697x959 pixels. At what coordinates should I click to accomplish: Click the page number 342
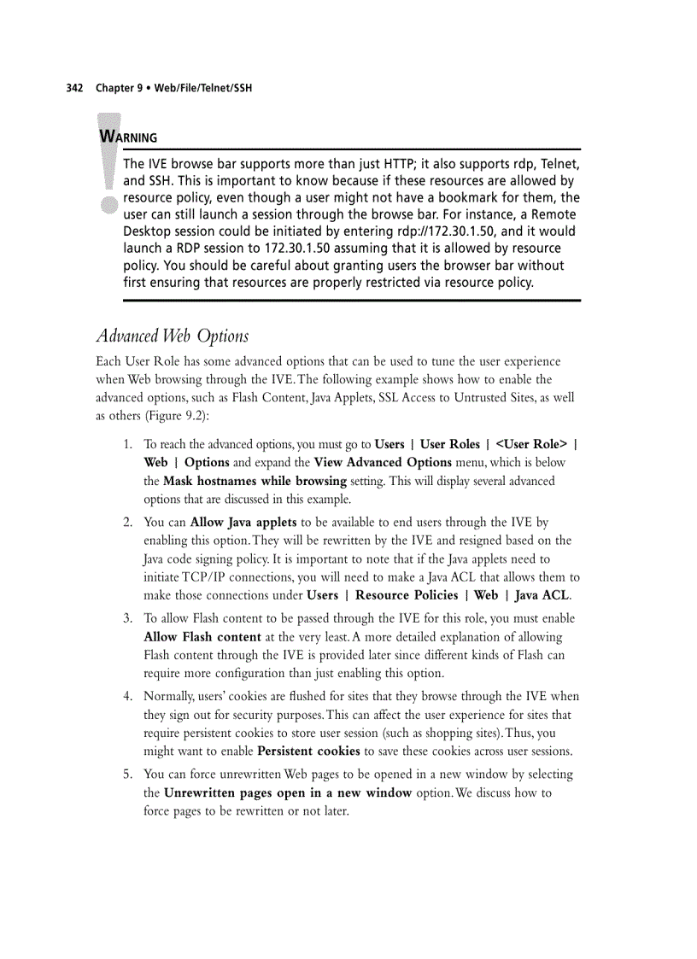pos(74,89)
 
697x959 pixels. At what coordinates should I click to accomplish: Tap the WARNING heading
pos(128,137)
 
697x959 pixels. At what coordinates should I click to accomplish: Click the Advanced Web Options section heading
pos(172,336)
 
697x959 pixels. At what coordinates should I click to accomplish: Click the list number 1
pos(126,444)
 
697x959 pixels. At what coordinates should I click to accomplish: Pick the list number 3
pos(126,618)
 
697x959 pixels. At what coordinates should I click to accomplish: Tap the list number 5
pos(126,775)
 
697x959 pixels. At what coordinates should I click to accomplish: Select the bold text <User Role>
pos(530,444)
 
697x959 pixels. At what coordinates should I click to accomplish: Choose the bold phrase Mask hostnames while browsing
pos(255,481)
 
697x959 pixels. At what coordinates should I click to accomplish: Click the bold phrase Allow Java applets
pos(243,522)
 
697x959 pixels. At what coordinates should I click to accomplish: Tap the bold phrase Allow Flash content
pos(202,637)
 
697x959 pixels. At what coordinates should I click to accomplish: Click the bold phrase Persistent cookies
pos(308,751)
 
